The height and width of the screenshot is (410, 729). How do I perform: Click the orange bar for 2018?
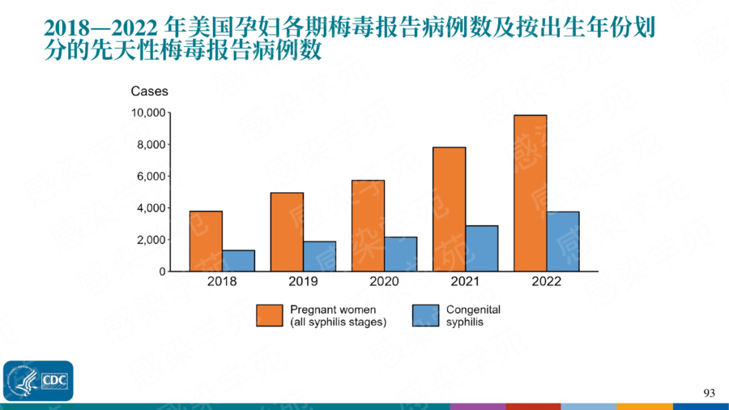[x=206, y=241]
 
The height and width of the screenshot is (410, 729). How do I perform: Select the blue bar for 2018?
[x=238, y=261]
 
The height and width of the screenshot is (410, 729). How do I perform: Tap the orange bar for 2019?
[x=287, y=232]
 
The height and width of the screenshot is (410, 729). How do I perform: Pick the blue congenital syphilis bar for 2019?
[x=319, y=256]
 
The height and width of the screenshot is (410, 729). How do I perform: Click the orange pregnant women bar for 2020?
[x=368, y=226]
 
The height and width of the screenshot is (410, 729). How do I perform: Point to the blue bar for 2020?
[x=400, y=254]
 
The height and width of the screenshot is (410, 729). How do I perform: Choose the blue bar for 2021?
[x=481, y=249]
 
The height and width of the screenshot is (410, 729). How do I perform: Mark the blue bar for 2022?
[x=562, y=241]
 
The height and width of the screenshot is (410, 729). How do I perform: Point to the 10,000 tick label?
[x=148, y=113]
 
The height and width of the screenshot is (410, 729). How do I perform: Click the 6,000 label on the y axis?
[x=151, y=177]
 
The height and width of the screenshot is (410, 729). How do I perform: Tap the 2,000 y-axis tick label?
[x=151, y=240]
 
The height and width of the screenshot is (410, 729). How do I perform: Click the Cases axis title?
[x=149, y=92]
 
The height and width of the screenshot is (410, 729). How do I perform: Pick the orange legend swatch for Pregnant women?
[x=269, y=315]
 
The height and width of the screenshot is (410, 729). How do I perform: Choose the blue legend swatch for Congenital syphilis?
[x=425, y=315]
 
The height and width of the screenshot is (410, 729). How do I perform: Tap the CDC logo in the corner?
[x=38, y=380]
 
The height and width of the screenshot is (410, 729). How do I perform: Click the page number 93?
[x=710, y=393]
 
